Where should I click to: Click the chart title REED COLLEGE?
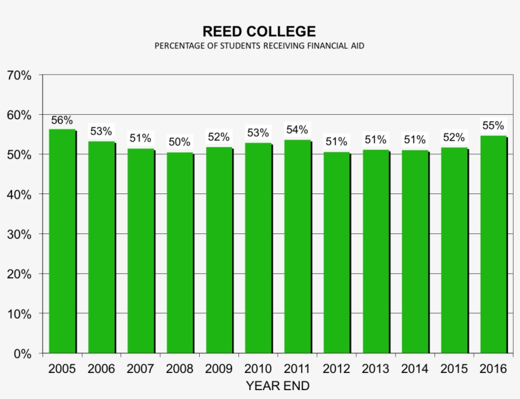click(259, 31)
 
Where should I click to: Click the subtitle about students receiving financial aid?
click(259, 46)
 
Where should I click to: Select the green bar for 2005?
click(62, 241)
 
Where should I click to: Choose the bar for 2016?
click(493, 244)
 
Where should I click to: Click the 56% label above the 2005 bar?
click(62, 120)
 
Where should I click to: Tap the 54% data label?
click(297, 130)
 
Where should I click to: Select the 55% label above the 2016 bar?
click(493, 126)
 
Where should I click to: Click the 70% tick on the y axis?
click(19, 75)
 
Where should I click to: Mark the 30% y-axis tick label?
click(19, 234)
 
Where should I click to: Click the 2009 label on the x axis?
click(218, 369)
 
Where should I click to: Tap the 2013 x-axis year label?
click(375, 369)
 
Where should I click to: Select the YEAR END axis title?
click(278, 386)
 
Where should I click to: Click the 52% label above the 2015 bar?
click(453, 137)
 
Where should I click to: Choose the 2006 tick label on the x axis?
click(101, 369)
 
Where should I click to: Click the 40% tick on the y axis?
click(19, 195)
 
